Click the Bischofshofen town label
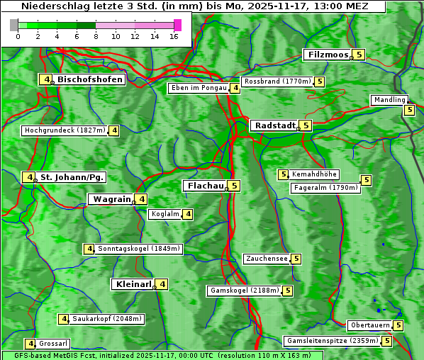[x=90, y=79]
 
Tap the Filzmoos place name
[x=327, y=55]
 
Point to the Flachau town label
[x=204, y=186]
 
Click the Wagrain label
[x=111, y=199]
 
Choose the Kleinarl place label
[x=133, y=284]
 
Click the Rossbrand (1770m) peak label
[x=277, y=81]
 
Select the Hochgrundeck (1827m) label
[x=65, y=130]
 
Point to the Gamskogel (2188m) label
[x=245, y=291]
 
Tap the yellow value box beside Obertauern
[x=398, y=325]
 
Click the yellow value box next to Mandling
[x=409, y=110]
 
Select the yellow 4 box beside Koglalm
[x=188, y=214]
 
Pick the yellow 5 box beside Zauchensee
[x=296, y=259]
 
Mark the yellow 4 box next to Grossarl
[x=30, y=344]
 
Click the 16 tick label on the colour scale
[x=174, y=36]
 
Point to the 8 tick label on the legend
[x=96, y=36]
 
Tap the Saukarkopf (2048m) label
[x=108, y=319]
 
